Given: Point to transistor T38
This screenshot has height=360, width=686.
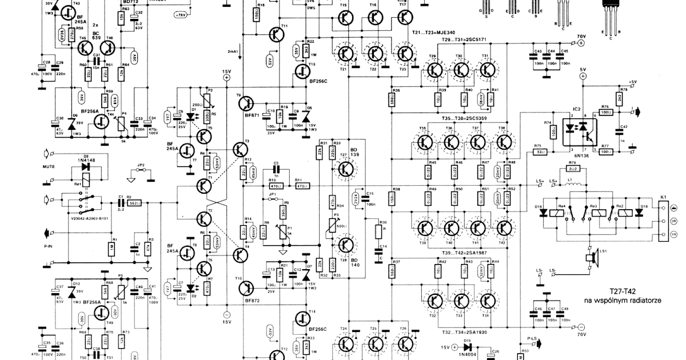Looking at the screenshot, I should coord(504,141).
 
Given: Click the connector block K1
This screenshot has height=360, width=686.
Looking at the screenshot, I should coord(663,220).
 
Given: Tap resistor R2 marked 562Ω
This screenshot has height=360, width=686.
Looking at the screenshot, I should coord(135,203).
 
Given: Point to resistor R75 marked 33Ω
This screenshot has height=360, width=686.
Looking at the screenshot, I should coord(537,152).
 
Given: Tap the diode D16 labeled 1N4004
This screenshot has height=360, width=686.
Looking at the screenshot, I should coord(469,346).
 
